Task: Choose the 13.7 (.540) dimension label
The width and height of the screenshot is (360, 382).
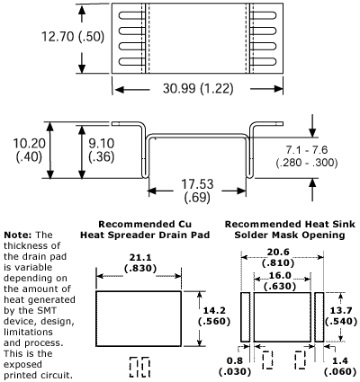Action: pyautogui.click(x=345, y=314)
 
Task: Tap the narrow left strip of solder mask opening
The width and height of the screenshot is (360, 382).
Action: pyautogui.click(x=245, y=315)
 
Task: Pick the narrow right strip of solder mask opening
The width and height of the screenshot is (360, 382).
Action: pyautogui.click(x=318, y=315)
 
